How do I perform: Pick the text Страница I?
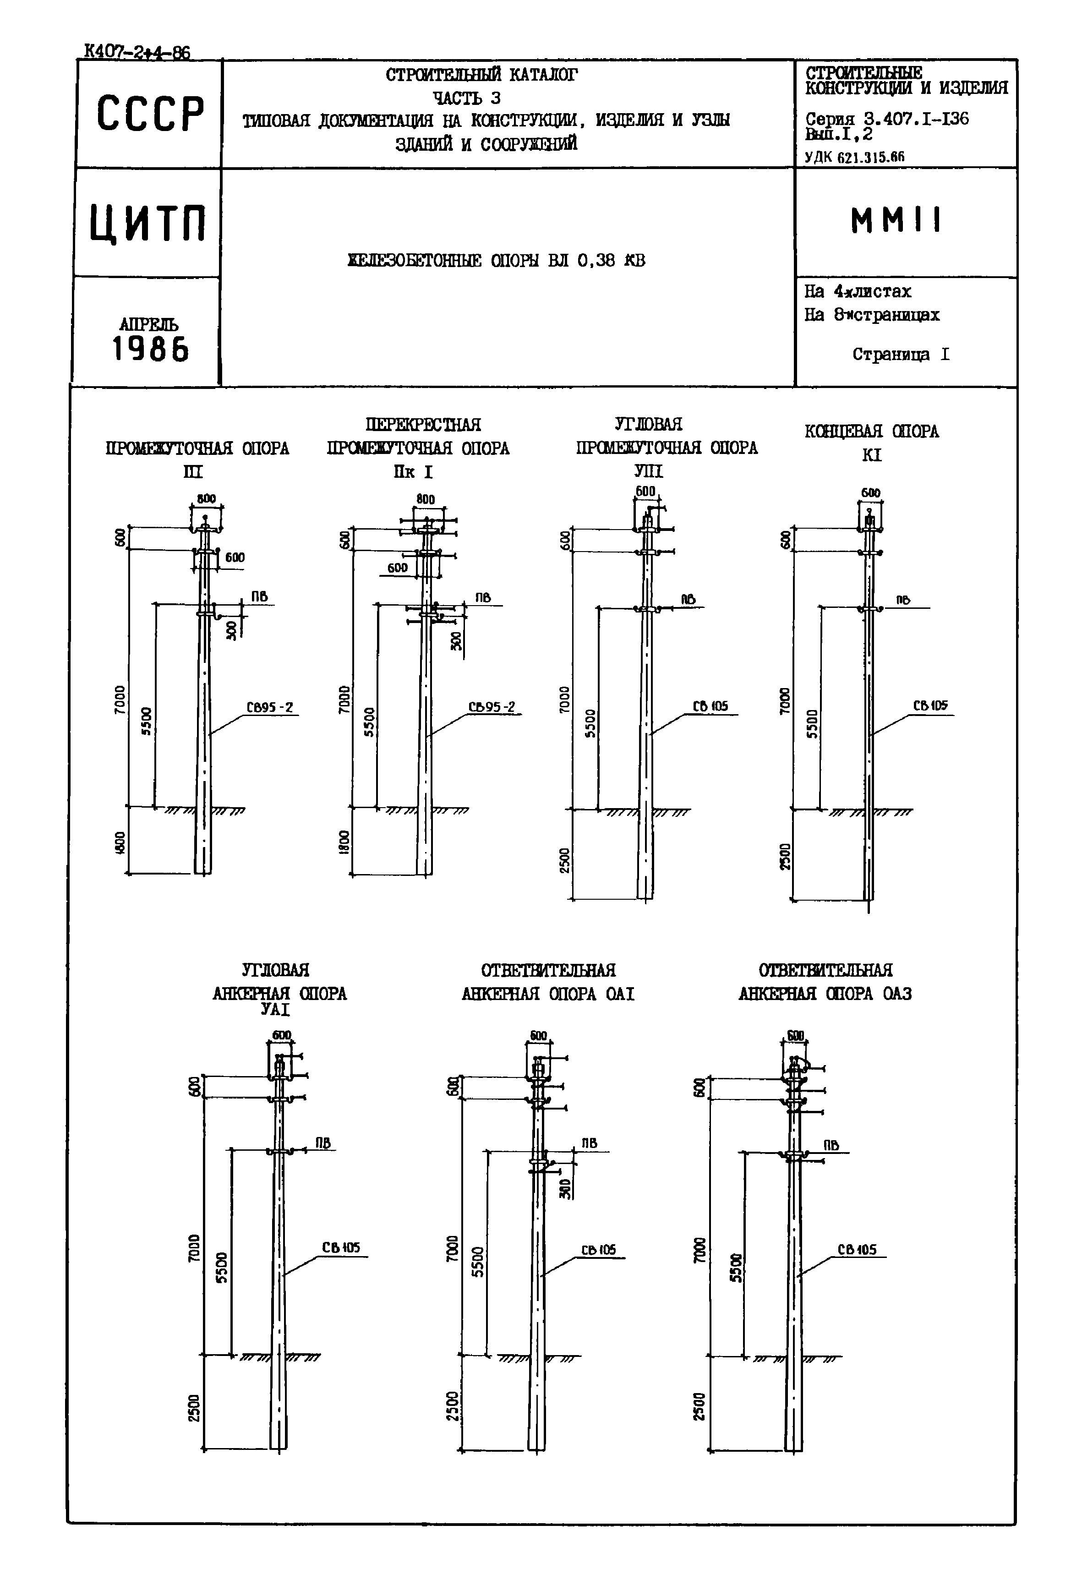click(900, 355)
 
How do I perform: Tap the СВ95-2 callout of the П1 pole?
click(269, 708)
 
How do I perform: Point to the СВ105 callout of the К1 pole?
click(930, 706)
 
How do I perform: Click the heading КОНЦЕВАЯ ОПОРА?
click(871, 432)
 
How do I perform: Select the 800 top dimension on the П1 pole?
click(206, 499)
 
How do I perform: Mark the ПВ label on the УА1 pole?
click(322, 1143)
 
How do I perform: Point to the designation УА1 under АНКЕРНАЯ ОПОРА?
click(275, 1010)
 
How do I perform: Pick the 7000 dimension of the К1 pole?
click(785, 700)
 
